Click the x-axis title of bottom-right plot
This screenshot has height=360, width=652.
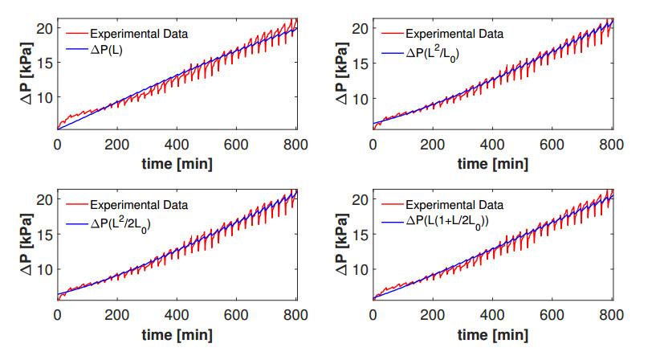coord(493,333)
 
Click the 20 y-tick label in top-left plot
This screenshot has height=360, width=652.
coord(45,29)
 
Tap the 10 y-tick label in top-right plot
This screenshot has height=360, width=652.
coord(361,98)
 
